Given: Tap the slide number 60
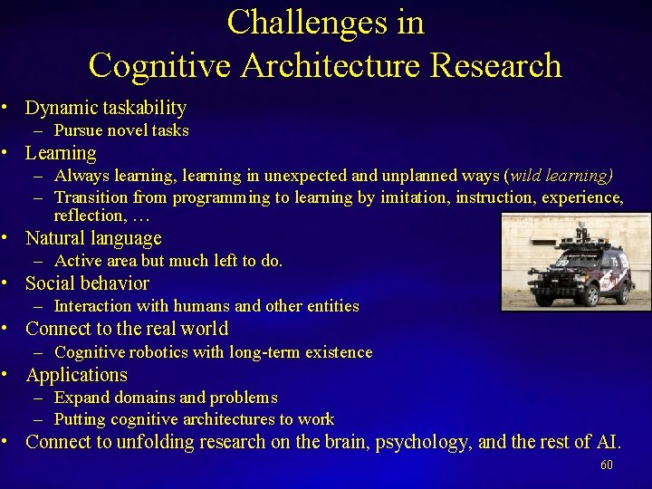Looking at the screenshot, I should tap(607, 465).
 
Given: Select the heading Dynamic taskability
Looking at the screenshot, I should tap(106, 108).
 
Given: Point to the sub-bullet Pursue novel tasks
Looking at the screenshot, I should tap(121, 130).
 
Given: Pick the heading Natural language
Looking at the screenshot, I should tap(93, 238).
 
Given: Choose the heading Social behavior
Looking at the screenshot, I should tap(87, 283).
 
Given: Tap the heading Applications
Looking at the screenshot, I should tap(76, 375).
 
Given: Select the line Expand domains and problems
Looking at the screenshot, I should tap(166, 398).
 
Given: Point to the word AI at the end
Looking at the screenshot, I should tap(608, 442).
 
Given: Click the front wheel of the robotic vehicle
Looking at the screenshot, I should tap(591, 296).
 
